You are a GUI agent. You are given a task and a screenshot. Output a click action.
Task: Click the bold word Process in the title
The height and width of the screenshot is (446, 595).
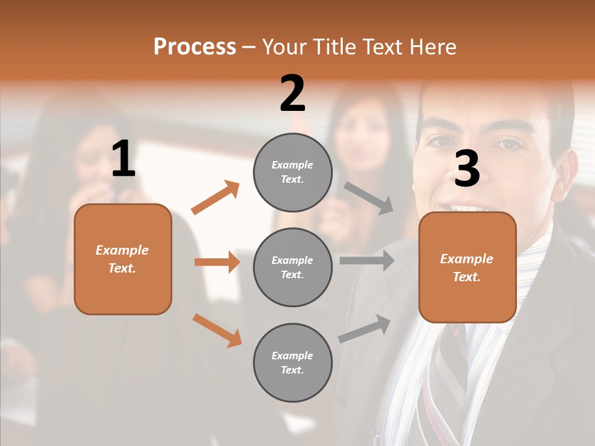tap(195, 46)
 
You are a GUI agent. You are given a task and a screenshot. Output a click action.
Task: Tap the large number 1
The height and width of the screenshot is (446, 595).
tap(123, 159)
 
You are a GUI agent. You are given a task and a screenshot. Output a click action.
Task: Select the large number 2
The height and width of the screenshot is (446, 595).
tap(293, 94)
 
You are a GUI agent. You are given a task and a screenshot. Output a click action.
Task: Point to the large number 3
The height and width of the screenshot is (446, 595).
tap(467, 168)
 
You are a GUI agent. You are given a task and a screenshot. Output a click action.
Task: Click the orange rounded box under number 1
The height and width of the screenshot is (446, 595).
tap(123, 259)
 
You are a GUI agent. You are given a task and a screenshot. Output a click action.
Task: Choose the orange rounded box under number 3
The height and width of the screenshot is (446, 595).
tap(467, 268)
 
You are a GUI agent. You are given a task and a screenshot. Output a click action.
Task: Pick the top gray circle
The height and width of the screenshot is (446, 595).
tap(293, 172)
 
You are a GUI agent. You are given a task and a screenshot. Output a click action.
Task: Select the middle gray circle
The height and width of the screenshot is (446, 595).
tap(293, 268)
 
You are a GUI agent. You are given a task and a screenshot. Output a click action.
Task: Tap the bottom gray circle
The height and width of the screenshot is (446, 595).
tap(293, 363)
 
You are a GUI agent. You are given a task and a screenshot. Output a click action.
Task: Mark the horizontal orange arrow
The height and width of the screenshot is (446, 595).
tap(217, 262)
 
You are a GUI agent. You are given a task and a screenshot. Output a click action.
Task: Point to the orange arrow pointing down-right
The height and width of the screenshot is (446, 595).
tap(217, 330)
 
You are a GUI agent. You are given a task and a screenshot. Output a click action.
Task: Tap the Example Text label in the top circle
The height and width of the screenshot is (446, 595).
tap(293, 172)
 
